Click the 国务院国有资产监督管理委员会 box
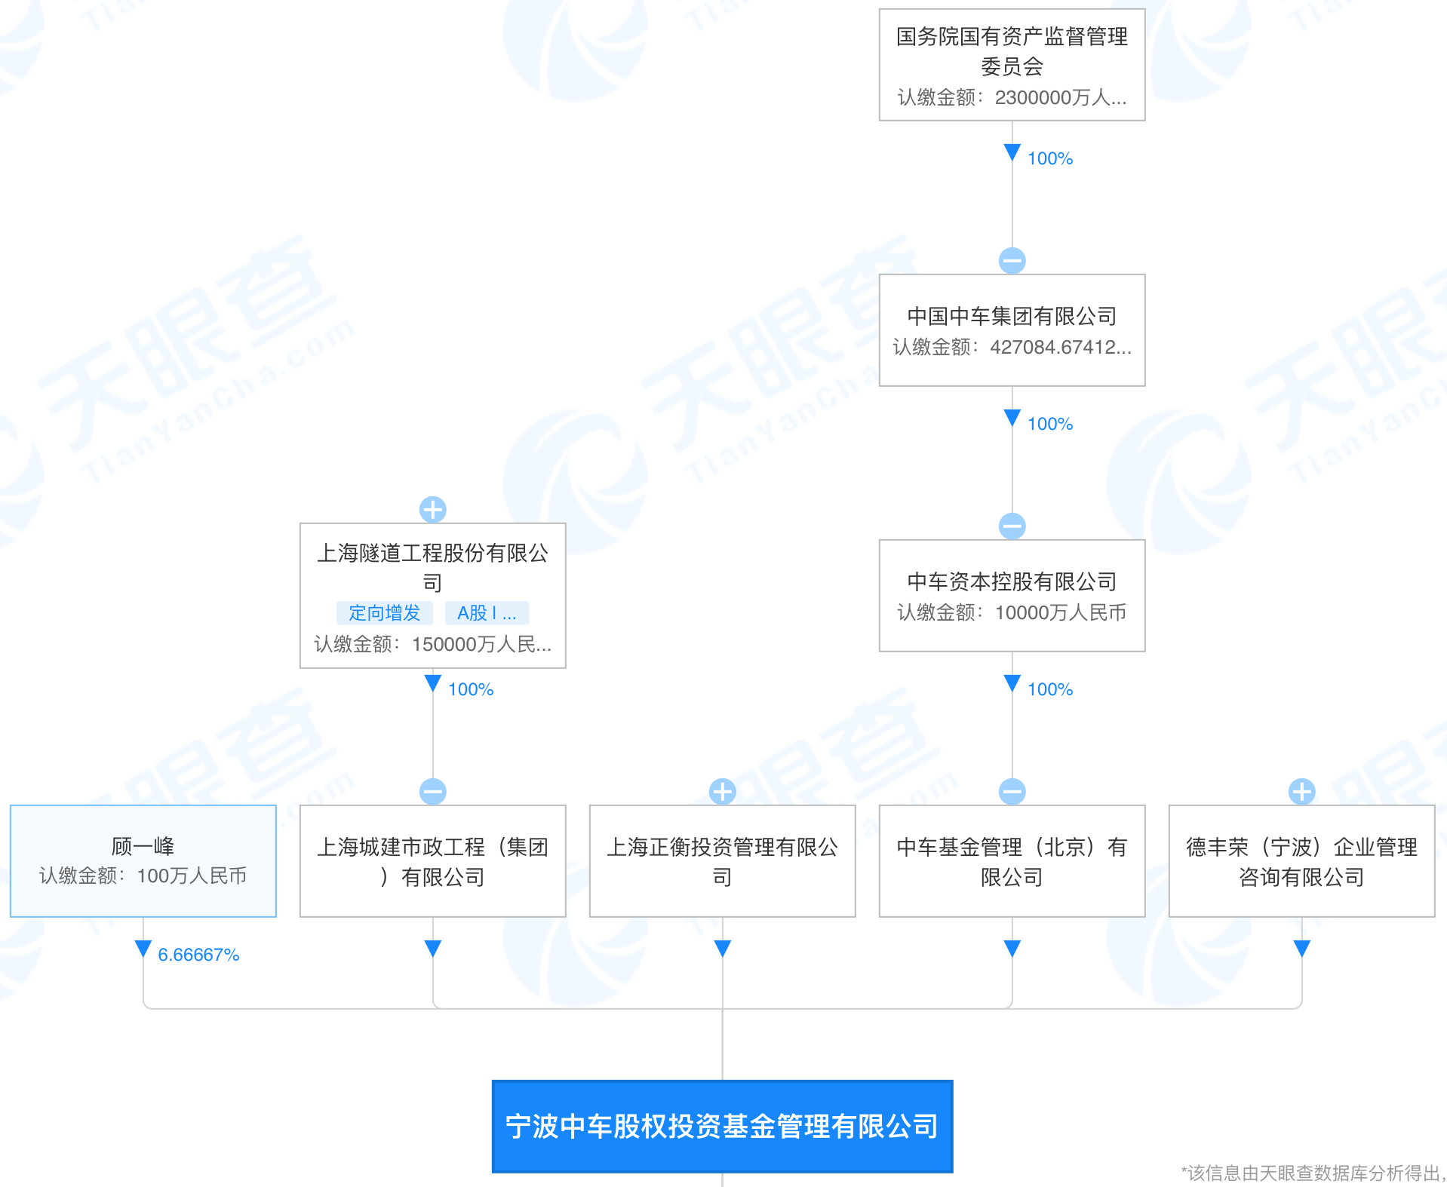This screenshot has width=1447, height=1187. [x=1012, y=65]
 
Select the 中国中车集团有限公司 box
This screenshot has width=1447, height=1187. [x=1012, y=330]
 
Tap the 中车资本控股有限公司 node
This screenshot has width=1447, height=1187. [x=1012, y=596]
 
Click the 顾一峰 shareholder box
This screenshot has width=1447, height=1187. [x=143, y=860]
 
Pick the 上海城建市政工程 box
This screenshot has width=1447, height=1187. [x=432, y=860]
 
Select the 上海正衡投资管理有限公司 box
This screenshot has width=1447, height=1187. [x=722, y=860]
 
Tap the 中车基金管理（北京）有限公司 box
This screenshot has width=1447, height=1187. [x=1012, y=860]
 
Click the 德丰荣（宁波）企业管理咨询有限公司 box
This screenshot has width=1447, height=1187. [x=1301, y=860]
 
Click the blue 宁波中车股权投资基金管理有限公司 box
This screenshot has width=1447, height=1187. [x=722, y=1126]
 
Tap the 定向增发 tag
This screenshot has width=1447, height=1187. [x=384, y=613]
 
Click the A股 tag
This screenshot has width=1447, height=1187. [x=487, y=613]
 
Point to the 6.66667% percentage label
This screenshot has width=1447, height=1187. [x=198, y=955]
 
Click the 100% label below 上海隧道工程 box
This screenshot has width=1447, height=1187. [x=470, y=689]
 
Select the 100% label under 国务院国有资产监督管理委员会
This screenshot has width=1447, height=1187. [x=1049, y=158]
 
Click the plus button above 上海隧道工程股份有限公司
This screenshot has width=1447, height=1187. [x=432, y=510]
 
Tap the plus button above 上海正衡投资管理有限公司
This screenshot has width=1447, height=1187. [x=722, y=792]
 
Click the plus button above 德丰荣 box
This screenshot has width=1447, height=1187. [x=1301, y=792]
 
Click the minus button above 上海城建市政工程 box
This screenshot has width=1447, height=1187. [x=432, y=792]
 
